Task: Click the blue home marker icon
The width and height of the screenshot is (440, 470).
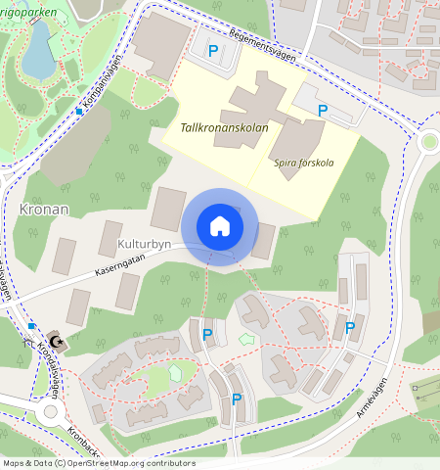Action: click(220, 226)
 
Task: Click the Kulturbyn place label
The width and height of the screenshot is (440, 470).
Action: click(145, 240)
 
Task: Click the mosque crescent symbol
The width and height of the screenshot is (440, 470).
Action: click(57, 341)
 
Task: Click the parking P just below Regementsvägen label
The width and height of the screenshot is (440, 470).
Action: click(213, 50)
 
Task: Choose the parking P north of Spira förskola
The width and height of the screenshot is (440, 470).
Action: click(323, 111)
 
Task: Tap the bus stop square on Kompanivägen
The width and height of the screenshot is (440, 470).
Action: click(79, 112)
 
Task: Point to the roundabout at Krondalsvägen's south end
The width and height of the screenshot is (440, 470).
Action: click(51, 412)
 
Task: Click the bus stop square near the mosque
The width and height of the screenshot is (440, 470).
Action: click(32, 326)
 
